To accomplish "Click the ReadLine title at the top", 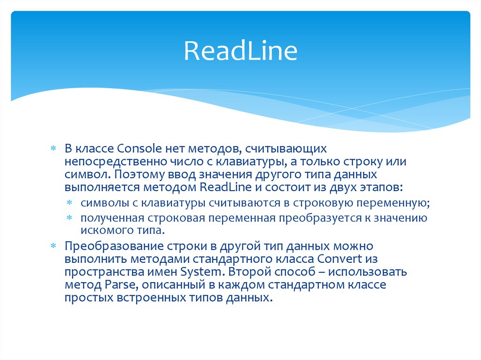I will tap(240, 51).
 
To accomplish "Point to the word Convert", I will tap(340, 259).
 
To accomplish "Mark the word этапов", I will tap(379, 187).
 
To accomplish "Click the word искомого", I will tap(101, 230).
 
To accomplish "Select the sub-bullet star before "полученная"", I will tap(69, 218).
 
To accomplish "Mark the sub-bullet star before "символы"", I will tap(69, 203).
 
